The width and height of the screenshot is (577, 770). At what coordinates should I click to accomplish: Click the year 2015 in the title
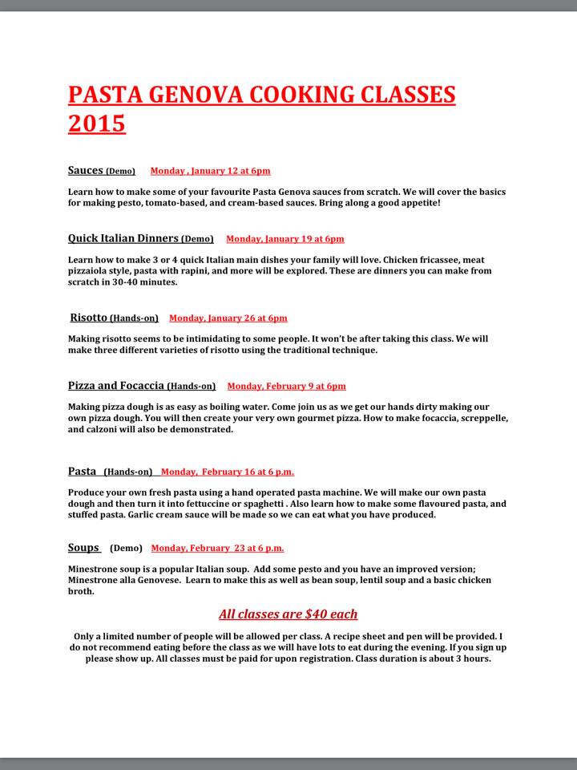pos(97,124)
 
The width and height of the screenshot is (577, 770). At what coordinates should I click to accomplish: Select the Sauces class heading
pos(86,170)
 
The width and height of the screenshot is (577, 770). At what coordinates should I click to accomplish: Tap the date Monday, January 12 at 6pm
pos(210,171)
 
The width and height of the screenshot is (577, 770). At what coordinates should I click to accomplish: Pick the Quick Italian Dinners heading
pos(123,238)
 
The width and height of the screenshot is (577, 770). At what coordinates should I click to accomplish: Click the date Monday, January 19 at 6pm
pos(284,239)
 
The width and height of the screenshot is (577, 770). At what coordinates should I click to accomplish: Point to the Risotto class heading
pos(89,318)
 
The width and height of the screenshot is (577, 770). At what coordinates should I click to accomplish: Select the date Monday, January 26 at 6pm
pos(228,318)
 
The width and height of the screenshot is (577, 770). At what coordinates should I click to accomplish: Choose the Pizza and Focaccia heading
pos(117,386)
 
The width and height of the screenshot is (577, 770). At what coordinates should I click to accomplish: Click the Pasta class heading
pos(83,471)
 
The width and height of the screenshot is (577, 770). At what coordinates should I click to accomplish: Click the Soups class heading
pos(83,548)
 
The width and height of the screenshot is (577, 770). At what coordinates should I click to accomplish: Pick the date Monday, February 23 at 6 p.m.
pos(217,549)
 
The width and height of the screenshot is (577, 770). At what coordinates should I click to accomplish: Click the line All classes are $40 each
pos(288,614)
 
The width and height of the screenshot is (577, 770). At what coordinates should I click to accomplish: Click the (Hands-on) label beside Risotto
pos(134,318)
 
